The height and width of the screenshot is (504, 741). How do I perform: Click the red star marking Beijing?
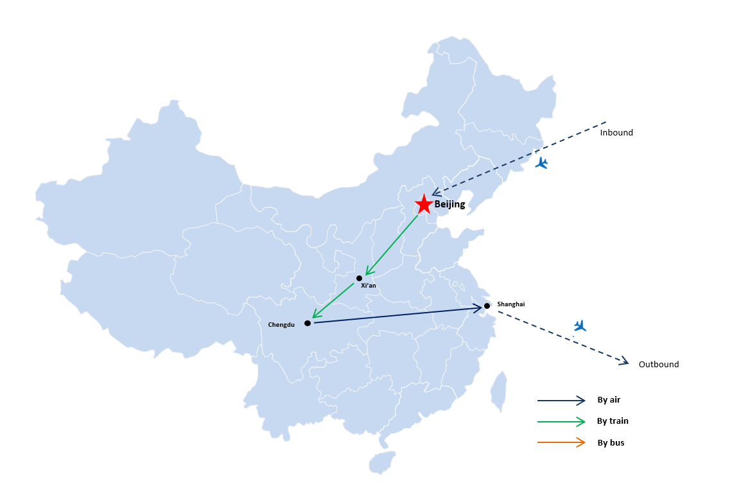coord(424,204)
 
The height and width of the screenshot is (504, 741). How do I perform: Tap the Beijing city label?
coord(449,204)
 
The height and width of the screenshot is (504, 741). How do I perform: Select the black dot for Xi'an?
coord(359,278)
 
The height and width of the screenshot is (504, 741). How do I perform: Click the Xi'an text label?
coord(368,286)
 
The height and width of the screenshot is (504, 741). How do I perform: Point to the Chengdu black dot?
coord(308,323)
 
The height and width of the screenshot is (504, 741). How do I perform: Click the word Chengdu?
coord(281,324)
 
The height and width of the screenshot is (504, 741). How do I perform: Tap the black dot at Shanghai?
coord(487,306)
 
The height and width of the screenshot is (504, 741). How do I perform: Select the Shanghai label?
coord(511,304)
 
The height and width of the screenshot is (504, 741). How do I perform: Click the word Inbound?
coord(616,133)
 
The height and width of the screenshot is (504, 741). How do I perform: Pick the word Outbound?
coord(659,364)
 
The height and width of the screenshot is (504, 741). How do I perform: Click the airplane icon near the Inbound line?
coord(541,163)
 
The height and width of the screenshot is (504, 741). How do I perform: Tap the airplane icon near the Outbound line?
coord(580,326)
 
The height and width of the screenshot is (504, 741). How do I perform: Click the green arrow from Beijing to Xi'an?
coord(392,245)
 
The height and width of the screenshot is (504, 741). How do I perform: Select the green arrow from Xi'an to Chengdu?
coord(333,301)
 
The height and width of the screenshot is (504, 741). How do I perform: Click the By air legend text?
coord(609,400)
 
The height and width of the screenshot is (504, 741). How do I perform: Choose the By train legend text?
coord(613,421)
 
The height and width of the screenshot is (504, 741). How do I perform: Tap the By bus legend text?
coord(611,442)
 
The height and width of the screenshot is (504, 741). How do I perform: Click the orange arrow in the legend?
coord(561,442)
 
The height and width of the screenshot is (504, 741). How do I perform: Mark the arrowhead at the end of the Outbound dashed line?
coord(624,361)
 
